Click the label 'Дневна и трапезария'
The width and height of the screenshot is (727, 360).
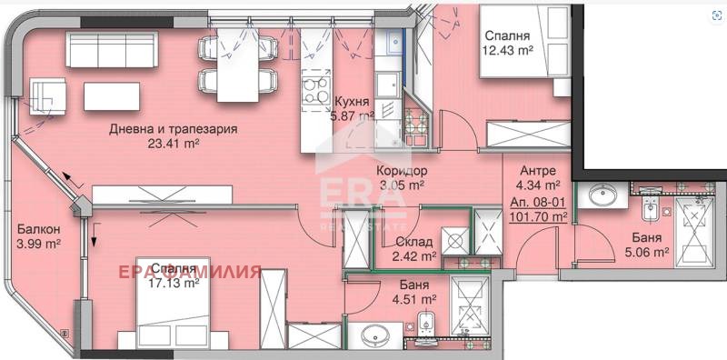click(x=173, y=129)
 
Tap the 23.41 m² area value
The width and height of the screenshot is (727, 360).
click(x=173, y=143)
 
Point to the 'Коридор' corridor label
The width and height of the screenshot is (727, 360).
click(x=401, y=170)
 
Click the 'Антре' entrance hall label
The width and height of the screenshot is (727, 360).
click(x=538, y=170)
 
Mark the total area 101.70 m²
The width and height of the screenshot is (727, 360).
click(x=538, y=217)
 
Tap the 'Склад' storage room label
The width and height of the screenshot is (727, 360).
click(x=414, y=242)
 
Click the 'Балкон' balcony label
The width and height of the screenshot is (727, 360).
click(x=38, y=229)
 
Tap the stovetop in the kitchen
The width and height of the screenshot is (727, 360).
click(x=315, y=90)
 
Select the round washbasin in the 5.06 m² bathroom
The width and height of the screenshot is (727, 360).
click(x=600, y=195)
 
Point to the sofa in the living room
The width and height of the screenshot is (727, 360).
click(x=107, y=52)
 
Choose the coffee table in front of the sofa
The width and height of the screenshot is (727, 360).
click(x=113, y=95)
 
